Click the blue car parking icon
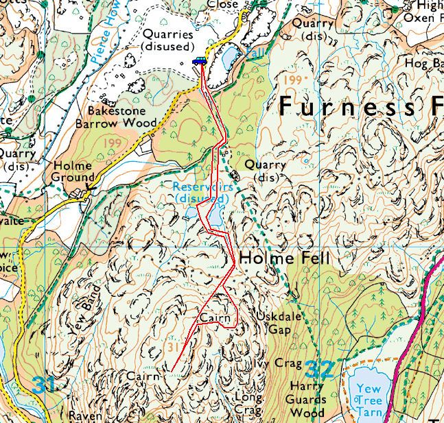coord(199,61)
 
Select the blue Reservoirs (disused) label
coord(200,192)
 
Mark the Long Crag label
coord(248,403)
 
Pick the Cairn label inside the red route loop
coord(213,318)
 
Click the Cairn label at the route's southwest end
coord(143,376)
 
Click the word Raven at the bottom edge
coord(86,416)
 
